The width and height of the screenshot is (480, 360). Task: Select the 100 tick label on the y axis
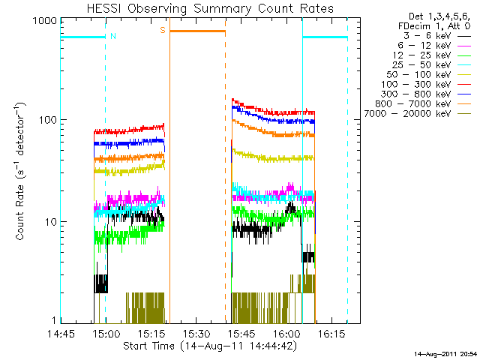point(47,120)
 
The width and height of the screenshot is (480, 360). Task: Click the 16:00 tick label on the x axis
point(287,334)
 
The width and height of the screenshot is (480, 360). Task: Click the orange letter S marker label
point(162,30)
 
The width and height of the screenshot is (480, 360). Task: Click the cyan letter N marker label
point(112,36)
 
